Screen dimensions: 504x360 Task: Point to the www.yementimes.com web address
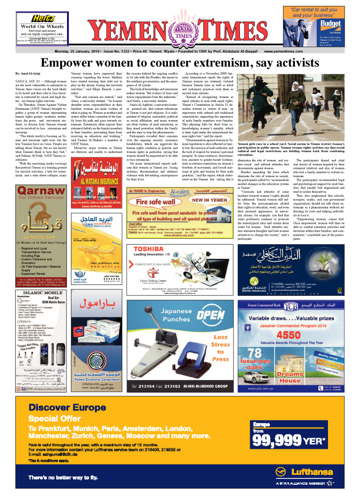284,51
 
